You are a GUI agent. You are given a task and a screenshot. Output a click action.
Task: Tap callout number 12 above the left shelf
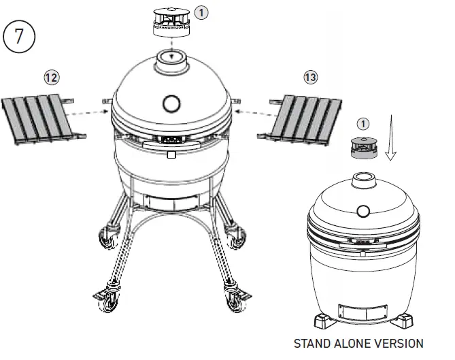(x=51, y=78)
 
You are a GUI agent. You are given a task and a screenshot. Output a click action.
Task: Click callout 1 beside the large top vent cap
(x=202, y=12)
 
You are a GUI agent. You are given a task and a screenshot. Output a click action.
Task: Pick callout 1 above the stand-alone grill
(x=363, y=123)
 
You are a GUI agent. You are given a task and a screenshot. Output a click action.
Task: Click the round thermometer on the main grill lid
(x=171, y=103)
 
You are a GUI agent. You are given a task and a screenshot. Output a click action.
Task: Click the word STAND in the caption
(x=311, y=344)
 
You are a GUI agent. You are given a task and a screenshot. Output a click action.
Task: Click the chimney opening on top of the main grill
(x=171, y=57)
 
